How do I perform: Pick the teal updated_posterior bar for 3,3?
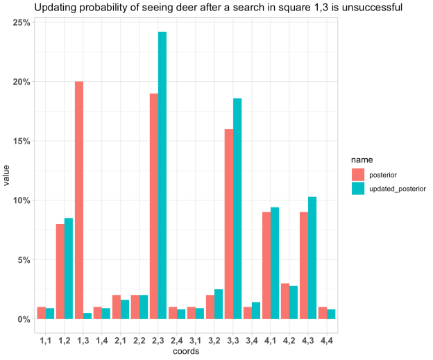pos(237,208)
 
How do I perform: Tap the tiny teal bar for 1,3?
pos(87,316)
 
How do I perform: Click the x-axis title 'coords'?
pos(185,351)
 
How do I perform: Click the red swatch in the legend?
pos(358,173)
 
